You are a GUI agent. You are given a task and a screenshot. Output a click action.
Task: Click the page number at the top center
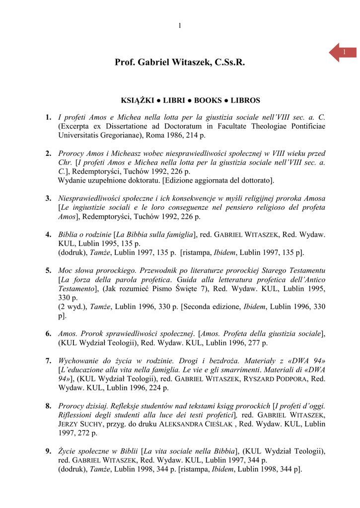180,26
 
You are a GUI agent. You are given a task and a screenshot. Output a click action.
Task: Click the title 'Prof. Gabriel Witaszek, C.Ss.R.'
180,63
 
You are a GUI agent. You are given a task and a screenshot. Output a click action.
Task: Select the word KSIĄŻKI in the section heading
135,100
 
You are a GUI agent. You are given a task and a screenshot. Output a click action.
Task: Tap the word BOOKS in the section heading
208,100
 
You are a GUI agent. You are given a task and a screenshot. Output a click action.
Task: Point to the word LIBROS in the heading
245,100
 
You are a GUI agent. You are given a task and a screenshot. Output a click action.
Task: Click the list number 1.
48,118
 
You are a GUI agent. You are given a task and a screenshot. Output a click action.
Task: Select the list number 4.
48,235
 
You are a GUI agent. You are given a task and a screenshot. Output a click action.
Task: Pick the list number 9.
48,451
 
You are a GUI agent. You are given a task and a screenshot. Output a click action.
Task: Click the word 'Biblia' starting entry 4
69,235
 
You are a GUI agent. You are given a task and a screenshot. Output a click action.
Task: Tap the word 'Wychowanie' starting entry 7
79,361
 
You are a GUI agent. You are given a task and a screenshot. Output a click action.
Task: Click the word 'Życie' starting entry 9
68,451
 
